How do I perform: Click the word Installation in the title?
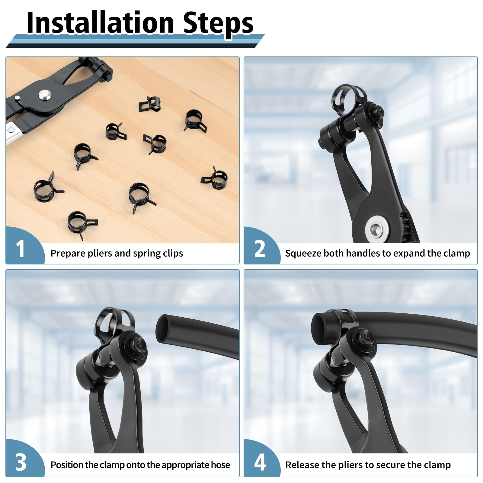[x=100, y=23]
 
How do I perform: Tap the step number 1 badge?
[x=21, y=249]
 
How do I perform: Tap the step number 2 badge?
[x=260, y=249]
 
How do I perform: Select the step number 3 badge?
[x=21, y=462]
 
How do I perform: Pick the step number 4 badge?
[x=260, y=462]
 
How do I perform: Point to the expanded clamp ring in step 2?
[x=349, y=98]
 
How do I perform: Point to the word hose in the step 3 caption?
[x=220, y=465]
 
